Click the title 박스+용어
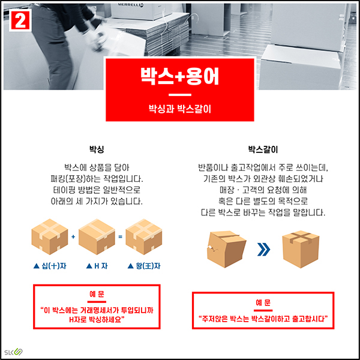click(179, 77)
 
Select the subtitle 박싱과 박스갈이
click(179, 109)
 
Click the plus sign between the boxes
click(73, 237)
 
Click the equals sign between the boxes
click(120, 237)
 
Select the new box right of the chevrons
click(301, 246)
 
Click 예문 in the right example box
click(263, 302)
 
